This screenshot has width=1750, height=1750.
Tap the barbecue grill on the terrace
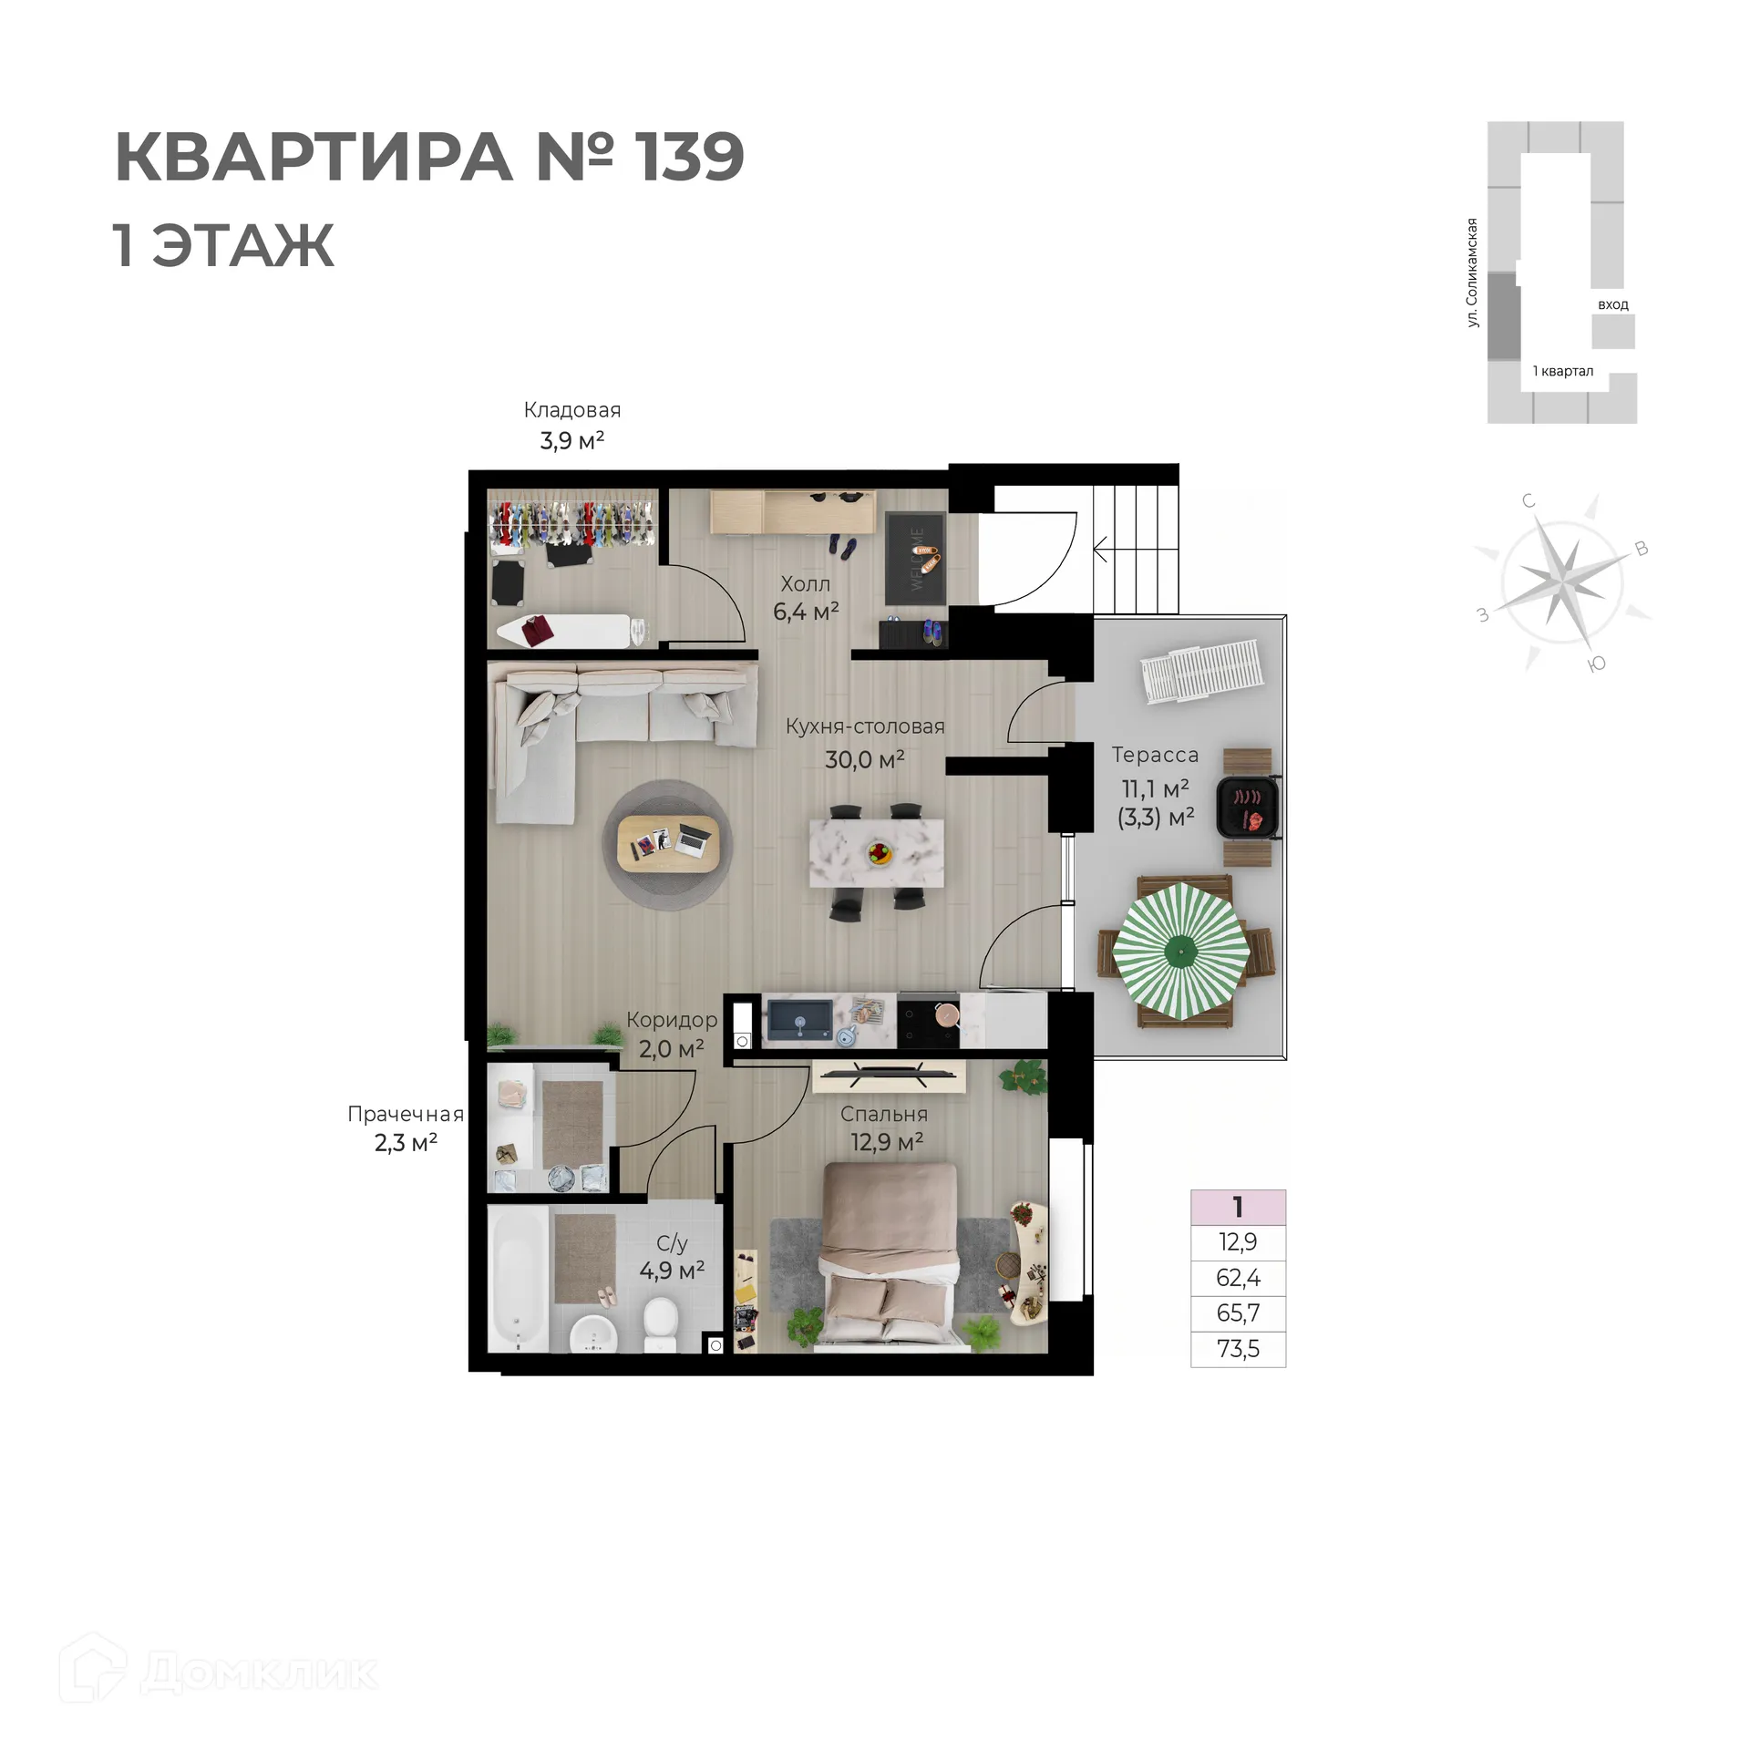coord(1248,808)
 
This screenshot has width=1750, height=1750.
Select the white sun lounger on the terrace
coord(1201,672)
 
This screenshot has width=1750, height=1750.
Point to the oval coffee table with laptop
coord(668,843)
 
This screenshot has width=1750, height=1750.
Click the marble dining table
coord(877,852)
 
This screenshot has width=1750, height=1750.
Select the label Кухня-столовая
coord(865,726)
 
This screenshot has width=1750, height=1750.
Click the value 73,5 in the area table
coord(1238,1349)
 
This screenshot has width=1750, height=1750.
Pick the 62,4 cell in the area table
coord(1238,1278)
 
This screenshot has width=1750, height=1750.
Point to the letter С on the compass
coord(1529,500)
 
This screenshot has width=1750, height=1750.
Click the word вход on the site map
coord(1612,304)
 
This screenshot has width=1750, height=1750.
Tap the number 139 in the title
coord(689,157)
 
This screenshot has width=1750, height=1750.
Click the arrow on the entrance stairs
coord(1100,550)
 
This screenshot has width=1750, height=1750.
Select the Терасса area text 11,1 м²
coord(1155,788)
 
